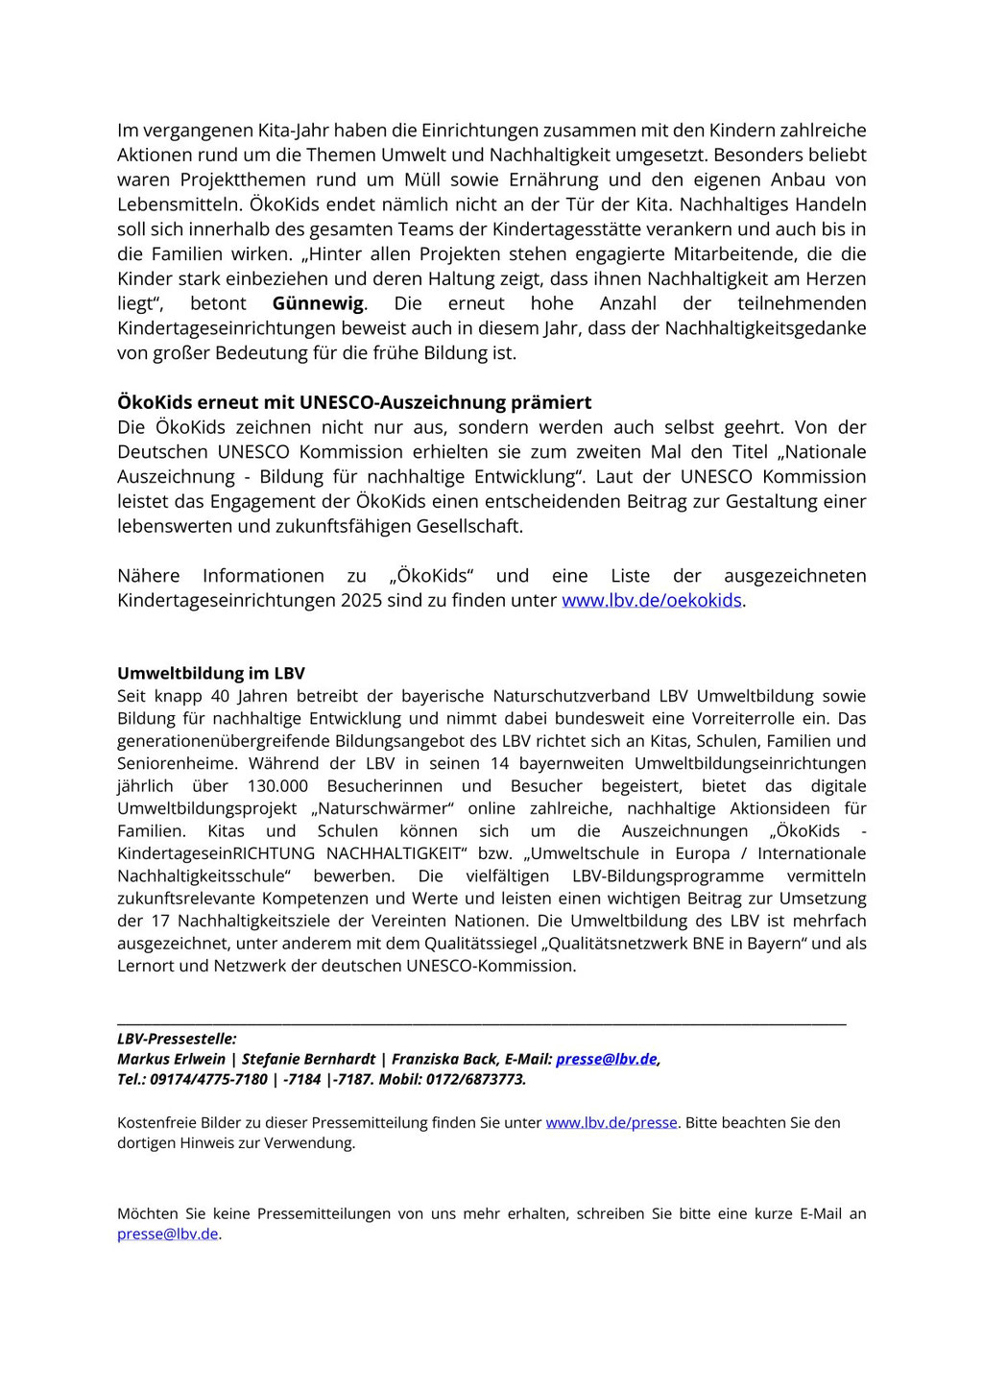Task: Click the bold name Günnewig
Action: point(318,303)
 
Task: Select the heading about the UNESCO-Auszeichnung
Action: point(354,402)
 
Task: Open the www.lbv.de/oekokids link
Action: point(651,600)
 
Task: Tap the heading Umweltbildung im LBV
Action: point(211,673)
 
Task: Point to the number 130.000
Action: point(277,785)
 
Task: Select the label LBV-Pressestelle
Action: point(177,1038)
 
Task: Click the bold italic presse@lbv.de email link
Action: point(606,1059)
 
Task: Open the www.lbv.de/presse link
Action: point(611,1122)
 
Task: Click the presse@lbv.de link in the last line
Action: point(167,1234)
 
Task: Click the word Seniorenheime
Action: point(178,763)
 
